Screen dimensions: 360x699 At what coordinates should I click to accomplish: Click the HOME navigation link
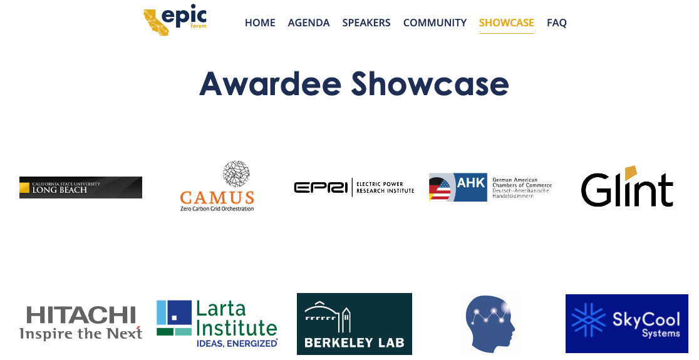260,23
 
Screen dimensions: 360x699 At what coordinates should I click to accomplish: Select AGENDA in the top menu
308,23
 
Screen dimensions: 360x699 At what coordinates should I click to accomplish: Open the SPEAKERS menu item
366,23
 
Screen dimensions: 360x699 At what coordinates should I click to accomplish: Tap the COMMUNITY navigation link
435,23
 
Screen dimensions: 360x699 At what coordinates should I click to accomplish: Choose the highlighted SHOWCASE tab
506,23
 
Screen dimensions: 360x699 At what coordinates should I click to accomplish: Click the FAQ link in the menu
556,23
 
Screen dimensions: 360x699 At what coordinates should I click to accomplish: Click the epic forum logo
175,21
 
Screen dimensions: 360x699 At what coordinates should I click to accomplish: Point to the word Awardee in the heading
271,83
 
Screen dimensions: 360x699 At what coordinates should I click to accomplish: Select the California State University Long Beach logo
80,187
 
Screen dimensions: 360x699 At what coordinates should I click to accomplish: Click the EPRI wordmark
320,187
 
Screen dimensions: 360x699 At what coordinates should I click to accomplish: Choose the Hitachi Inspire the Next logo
80,322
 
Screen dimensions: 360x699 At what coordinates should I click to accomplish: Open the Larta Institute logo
217,323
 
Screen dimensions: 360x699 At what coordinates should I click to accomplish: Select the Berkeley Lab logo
354,324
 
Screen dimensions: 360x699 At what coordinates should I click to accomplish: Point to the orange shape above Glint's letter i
631,173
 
